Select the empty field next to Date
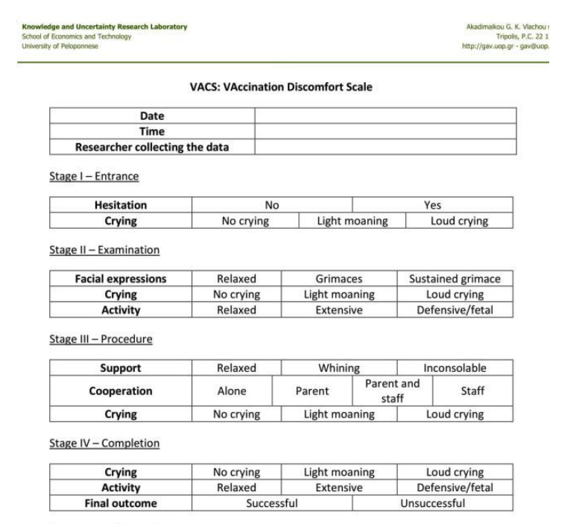click(385, 116)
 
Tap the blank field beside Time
click(385, 131)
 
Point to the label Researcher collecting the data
click(152, 147)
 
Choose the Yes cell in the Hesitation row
click(432, 205)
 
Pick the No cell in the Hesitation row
click(271, 205)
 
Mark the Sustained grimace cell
click(454, 279)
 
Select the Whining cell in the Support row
click(339, 368)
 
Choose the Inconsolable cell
click(455, 368)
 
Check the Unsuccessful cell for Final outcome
click(432, 503)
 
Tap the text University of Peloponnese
click(48, 45)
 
